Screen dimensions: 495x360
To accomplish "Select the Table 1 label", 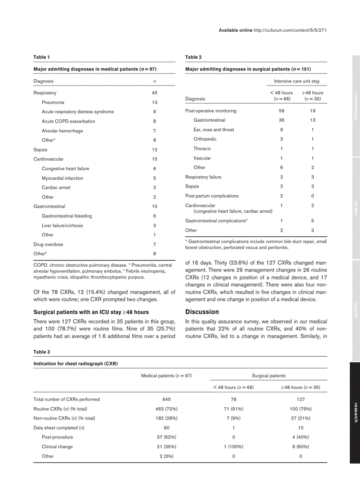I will click(41, 57).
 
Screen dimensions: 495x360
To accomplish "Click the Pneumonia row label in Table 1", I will click(53, 102).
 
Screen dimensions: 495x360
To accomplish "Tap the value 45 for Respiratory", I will click(154, 93).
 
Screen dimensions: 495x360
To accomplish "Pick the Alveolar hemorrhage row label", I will click(62, 131).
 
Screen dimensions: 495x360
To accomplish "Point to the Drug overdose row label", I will click(48, 244).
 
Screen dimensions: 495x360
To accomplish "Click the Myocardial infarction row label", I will click(62, 178).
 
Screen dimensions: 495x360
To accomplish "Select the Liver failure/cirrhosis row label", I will click(62, 225).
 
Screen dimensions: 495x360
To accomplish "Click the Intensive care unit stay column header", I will click(296, 81).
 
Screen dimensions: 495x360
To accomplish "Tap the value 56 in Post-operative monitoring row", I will click(281, 111).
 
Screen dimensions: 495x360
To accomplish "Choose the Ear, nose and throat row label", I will click(214, 130).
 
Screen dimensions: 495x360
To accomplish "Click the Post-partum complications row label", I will click(212, 196).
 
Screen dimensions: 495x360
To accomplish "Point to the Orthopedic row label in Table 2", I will click(205, 139).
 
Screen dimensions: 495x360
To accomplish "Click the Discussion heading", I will click(202, 312).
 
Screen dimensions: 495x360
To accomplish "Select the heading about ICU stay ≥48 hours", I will click(91, 312).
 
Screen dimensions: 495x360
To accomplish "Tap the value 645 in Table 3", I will click(166, 399).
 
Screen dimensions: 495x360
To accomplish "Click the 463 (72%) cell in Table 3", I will click(166, 409).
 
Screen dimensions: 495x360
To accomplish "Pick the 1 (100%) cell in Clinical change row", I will click(233, 447).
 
